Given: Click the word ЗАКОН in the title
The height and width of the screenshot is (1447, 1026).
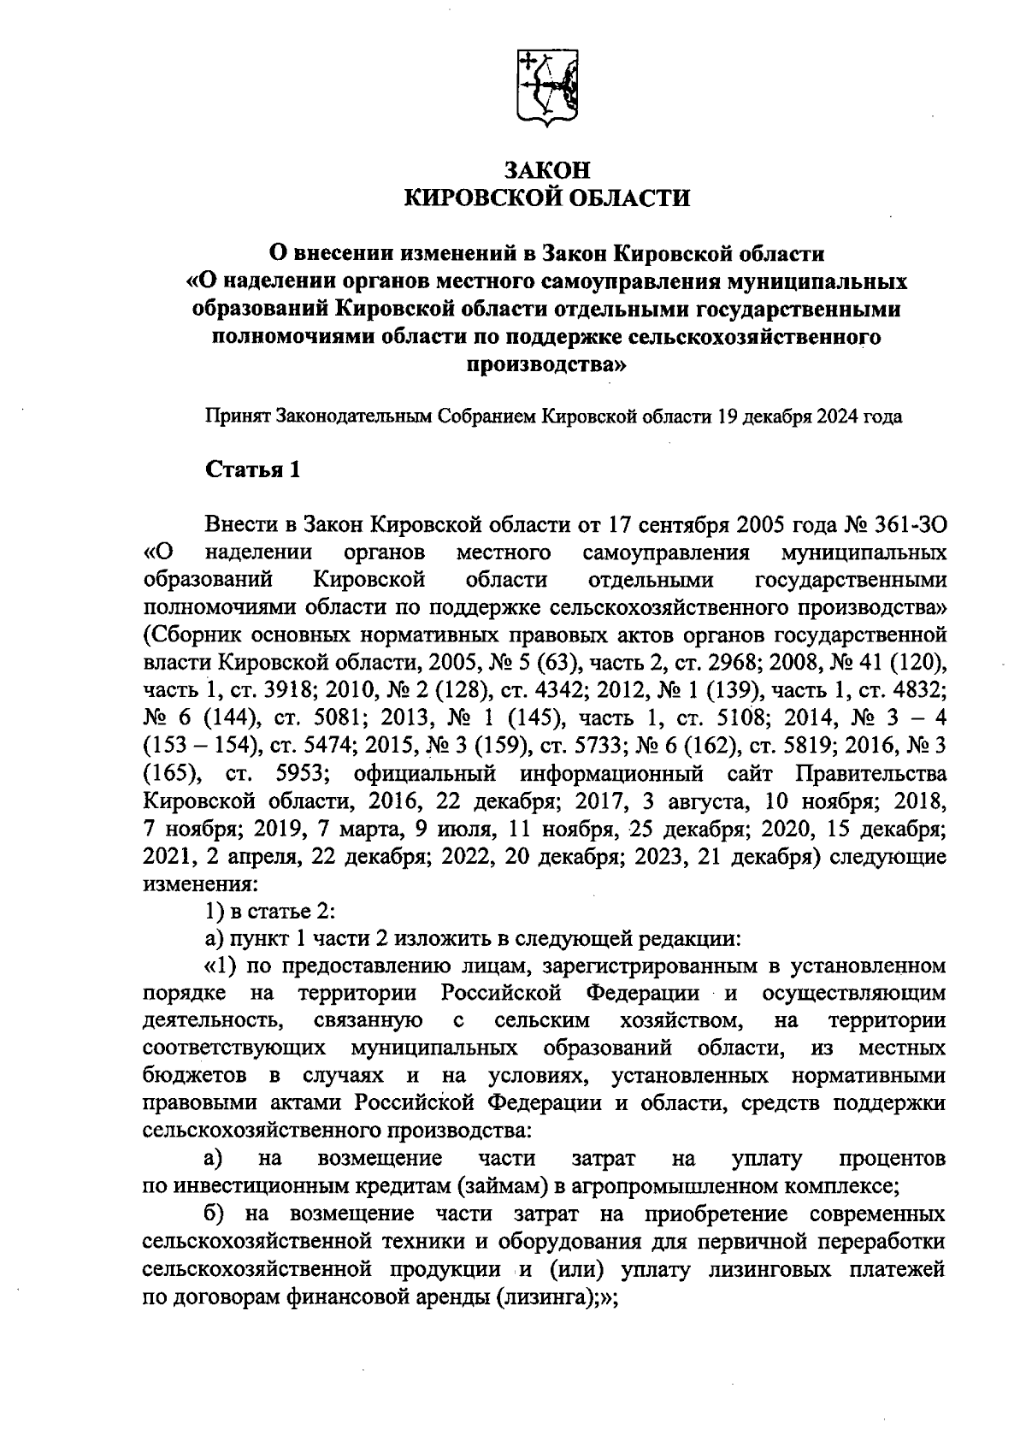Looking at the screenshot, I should (x=545, y=169).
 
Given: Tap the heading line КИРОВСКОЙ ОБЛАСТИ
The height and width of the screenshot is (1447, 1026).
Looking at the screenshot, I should (x=545, y=198).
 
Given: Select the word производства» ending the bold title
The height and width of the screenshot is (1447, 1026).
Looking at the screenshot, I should (x=545, y=365).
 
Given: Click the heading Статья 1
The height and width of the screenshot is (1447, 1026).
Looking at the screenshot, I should (x=253, y=470).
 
